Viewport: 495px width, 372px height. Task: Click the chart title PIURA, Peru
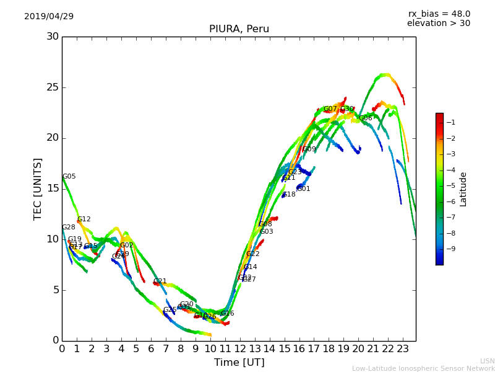pyautogui.click(x=239, y=29)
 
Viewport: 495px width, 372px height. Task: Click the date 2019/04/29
pyautogui.click(x=49, y=17)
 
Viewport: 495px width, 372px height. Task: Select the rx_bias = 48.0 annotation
pyautogui.click(x=439, y=14)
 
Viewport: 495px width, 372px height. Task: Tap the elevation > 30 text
pyautogui.click(x=438, y=24)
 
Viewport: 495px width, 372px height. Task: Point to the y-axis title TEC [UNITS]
pyautogui.click(x=38, y=188)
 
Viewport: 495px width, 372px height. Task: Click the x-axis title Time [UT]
pyautogui.click(x=239, y=363)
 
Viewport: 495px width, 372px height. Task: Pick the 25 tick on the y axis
pyautogui.click(x=53, y=87)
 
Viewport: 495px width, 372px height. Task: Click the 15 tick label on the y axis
pyautogui.click(x=53, y=188)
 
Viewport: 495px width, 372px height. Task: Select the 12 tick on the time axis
pyautogui.click(x=240, y=349)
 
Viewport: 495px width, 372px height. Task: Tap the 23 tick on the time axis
pyautogui.click(x=403, y=349)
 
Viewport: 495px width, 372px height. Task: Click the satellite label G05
pyautogui.click(x=69, y=177)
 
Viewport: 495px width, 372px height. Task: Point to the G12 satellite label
pyautogui.click(x=84, y=219)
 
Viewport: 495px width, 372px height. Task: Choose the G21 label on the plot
pyautogui.click(x=160, y=281)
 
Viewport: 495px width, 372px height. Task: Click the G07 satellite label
pyautogui.click(x=330, y=109)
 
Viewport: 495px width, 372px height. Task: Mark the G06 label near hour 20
pyautogui.click(x=366, y=118)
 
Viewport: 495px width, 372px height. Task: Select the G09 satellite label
pyautogui.click(x=309, y=149)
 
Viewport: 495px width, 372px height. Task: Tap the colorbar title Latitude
pyautogui.click(x=463, y=189)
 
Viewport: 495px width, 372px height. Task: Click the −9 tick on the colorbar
pyautogui.click(x=451, y=249)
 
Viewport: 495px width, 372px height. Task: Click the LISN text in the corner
pyautogui.click(x=488, y=361)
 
